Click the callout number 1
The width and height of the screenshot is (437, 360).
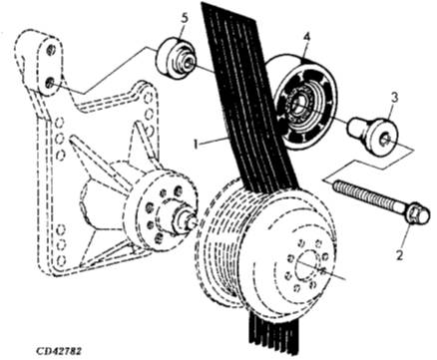[197, 144]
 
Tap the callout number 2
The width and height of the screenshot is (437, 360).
[399, 255]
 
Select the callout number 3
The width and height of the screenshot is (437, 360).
[394, 98]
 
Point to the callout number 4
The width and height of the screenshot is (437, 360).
[306, 37]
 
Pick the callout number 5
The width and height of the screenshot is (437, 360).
[185, 19]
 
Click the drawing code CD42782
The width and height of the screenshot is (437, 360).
[59, 351]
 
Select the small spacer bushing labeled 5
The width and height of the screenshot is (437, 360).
[176, 59]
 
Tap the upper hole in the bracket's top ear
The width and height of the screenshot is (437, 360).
[51, 50]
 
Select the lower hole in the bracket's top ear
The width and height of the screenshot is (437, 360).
[50, 82]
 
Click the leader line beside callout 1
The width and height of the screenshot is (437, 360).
[214, 141]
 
